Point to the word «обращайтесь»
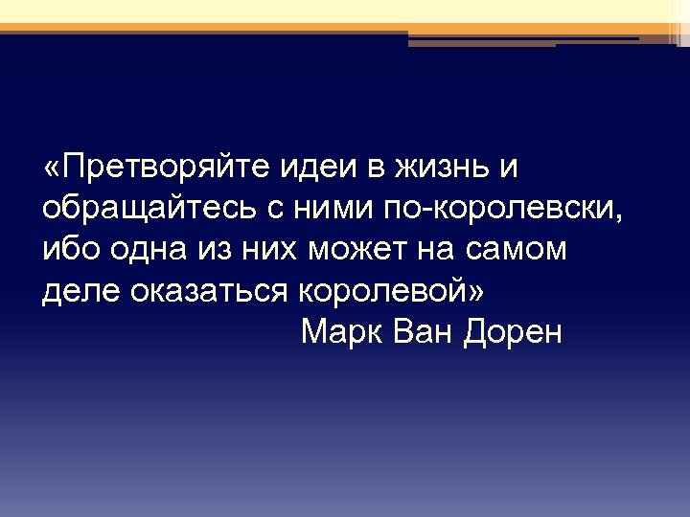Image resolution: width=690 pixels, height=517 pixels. point(135,208)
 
